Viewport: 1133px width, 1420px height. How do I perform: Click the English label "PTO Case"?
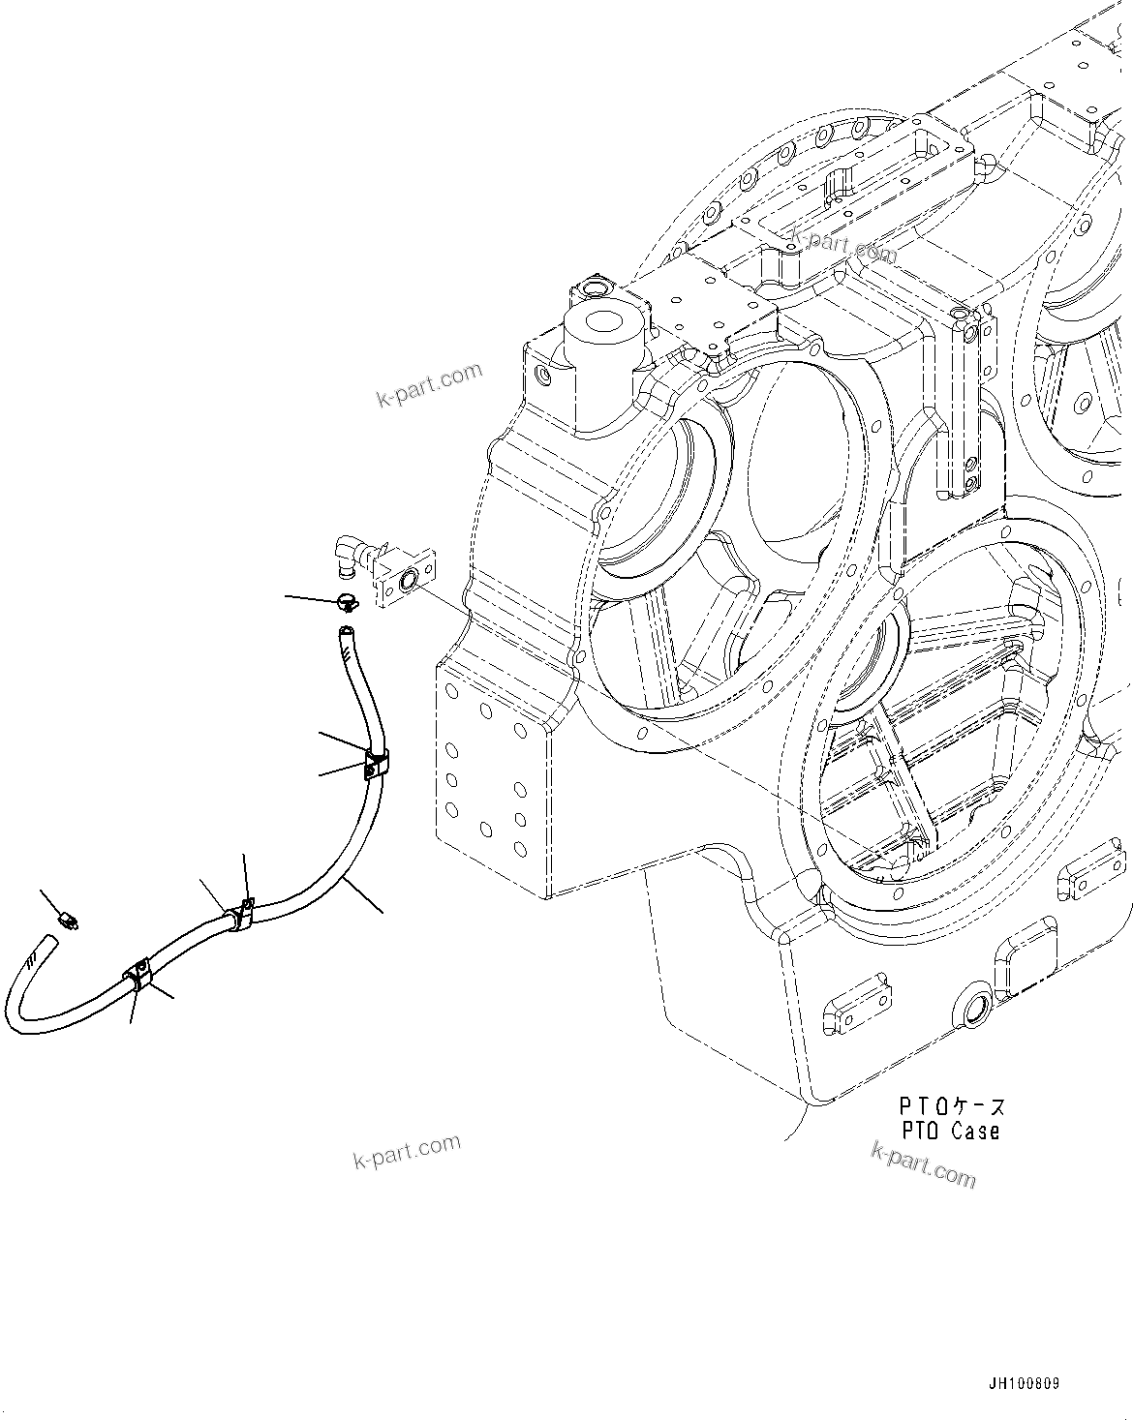pos(950,1130)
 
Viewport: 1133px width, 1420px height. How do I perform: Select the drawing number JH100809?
pos(1024,1384)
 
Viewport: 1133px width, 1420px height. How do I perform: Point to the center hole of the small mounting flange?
pos(407,581)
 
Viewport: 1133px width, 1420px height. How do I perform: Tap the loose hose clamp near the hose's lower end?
pos(68,918)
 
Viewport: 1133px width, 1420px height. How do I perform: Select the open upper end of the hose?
pos(345,633)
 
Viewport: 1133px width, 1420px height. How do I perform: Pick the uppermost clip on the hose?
pos(376,763)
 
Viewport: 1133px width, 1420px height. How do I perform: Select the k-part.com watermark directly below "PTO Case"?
pos(923,1163)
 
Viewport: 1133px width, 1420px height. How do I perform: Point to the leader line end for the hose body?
pos(382,911)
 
